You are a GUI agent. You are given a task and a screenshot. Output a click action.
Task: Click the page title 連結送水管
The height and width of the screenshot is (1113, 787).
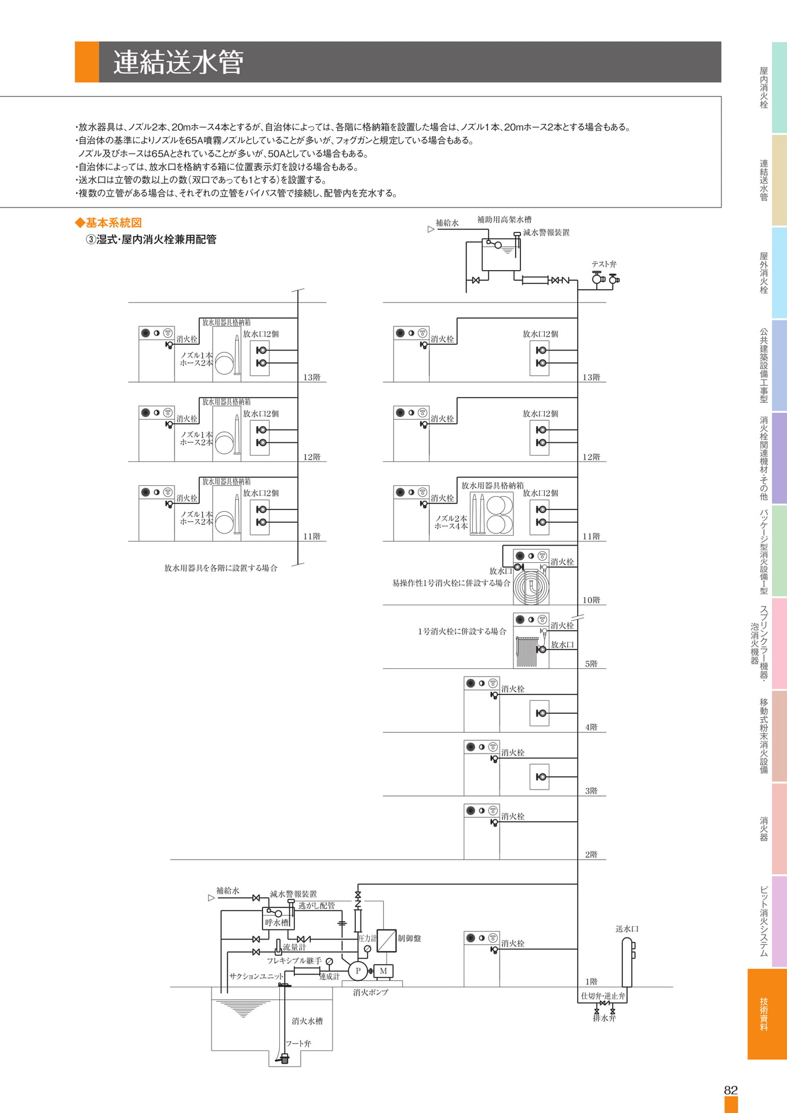178,62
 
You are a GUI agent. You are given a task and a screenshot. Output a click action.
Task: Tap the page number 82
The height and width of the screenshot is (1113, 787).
731,1090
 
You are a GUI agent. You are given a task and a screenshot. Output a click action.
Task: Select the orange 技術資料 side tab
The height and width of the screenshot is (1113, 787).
767,1014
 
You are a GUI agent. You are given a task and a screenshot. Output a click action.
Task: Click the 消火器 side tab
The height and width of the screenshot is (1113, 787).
764,828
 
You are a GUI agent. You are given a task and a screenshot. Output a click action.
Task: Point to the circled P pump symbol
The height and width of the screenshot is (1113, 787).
358,971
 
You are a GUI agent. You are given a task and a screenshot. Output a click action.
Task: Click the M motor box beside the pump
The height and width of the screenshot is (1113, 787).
383,971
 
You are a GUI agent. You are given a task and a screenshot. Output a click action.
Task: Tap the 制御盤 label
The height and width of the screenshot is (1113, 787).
409,938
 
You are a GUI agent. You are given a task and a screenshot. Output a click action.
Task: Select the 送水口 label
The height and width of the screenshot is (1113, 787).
627,929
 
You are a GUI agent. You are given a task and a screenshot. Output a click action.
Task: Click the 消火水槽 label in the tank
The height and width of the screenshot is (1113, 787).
307,1021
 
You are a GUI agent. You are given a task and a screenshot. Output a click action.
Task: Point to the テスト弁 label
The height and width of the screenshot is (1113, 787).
604,264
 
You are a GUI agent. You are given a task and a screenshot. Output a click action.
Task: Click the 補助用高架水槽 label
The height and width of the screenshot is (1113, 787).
504,219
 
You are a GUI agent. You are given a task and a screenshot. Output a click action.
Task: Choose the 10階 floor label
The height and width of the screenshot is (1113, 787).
591,600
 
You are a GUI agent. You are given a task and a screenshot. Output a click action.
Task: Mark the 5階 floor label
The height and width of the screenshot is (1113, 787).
591,664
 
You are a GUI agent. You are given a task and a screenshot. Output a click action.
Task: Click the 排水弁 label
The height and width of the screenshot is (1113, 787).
604,1018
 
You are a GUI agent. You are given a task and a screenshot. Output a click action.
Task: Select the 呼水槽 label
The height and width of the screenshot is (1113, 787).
276,922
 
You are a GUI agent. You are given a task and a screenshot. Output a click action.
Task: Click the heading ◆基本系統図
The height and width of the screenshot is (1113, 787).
108,223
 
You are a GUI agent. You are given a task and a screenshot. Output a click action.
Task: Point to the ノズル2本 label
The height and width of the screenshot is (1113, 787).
451,518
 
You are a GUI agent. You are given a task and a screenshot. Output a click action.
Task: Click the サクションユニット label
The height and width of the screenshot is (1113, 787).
256,976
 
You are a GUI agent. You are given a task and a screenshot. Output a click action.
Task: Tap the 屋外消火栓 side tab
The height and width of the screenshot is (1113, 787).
764,272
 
